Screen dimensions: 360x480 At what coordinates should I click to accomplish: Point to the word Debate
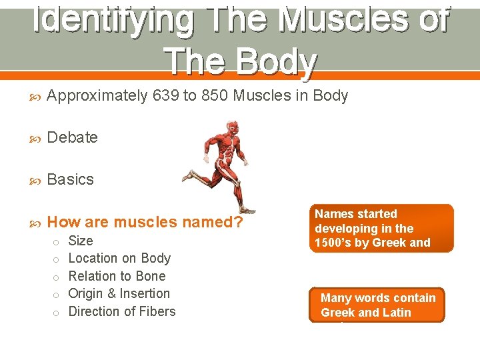[73, 137]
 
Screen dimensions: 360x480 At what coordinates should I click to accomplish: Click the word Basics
[71, 179]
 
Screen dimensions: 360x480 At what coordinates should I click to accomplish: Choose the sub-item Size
[81, 241]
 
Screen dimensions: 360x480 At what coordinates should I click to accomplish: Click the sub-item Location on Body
[119, 258]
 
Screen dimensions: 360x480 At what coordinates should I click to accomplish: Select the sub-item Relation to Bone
[117, 276]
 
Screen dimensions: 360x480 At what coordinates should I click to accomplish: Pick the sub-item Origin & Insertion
[119, 293]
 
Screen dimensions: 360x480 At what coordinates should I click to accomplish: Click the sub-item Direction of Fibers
[122, 311]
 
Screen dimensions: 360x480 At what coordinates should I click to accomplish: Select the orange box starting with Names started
[381, 228]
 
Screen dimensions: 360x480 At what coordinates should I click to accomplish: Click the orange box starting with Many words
[377, 305]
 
